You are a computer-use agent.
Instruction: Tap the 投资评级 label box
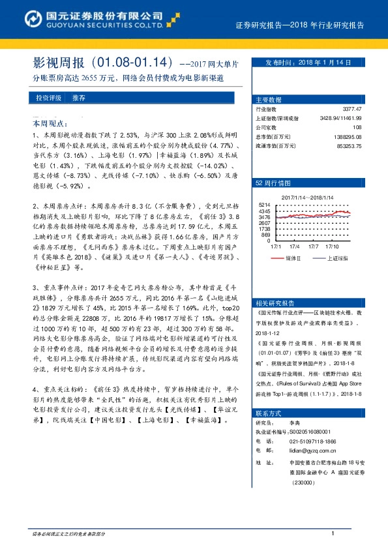tap(45, 97)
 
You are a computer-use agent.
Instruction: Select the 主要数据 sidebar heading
tap(269, 100)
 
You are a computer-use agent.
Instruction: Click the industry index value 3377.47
tap(352, 110)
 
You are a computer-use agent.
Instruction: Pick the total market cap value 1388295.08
tap(347, 137)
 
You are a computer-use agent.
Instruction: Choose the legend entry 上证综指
tap(338, 258)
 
